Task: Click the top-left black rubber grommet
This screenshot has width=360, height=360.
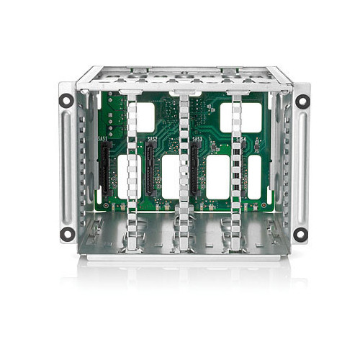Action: tap(66, 101)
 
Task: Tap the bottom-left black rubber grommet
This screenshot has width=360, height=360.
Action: tap(66, 233)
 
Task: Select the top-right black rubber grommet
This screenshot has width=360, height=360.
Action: tap(302, 101)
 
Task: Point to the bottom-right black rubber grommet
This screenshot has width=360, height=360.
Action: tap(301, 233)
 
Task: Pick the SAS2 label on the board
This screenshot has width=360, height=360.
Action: tap(152, 138)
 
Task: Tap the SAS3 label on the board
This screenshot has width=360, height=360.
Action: tap(197, 138)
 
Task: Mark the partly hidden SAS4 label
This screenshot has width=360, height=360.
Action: tap(241, 138)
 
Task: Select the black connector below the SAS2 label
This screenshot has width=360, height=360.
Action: tap(150, 168)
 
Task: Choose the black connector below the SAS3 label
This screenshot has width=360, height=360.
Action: tap(194, 168)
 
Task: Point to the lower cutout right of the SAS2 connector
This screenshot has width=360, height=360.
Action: tap(170, 176)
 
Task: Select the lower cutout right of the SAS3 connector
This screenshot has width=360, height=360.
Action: tap(217, 176)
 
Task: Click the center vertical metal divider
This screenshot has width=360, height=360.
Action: tap(184, 173)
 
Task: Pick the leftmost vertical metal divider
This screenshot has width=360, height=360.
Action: tap(132, 173)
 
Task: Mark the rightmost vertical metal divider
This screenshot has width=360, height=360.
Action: tap(235, 173)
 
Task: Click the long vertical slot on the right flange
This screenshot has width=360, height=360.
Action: tap(302, 166)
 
